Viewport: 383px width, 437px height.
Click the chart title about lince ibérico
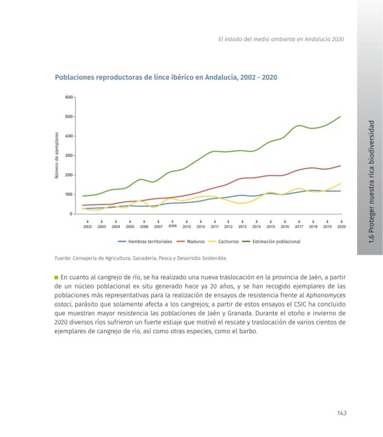point(166,77)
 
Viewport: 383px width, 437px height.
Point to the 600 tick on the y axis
point(69,97)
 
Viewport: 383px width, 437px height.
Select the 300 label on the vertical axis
point(69,156)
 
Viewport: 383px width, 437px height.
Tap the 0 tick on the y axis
point(71,214)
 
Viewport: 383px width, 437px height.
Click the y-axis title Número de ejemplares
point(57,155)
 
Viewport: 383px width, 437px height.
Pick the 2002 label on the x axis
point(88,227)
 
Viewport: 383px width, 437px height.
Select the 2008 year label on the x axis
point(172,226)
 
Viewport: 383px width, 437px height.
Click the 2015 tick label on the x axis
point(271,227)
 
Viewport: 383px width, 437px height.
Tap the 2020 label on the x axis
point(341,227)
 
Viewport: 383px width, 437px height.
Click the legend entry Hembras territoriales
point(145,242)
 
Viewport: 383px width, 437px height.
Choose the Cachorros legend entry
point(224,242)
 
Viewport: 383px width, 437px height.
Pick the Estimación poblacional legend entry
point(272,242)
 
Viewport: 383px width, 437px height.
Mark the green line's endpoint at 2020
point(341,117)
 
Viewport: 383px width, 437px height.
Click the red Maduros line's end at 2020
point(341,166)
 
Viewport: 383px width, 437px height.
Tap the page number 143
point(342,413)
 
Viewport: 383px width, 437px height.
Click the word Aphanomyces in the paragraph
point(326,296)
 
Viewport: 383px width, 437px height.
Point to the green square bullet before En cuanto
point(56,278)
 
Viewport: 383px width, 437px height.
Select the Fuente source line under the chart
point(141,258)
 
